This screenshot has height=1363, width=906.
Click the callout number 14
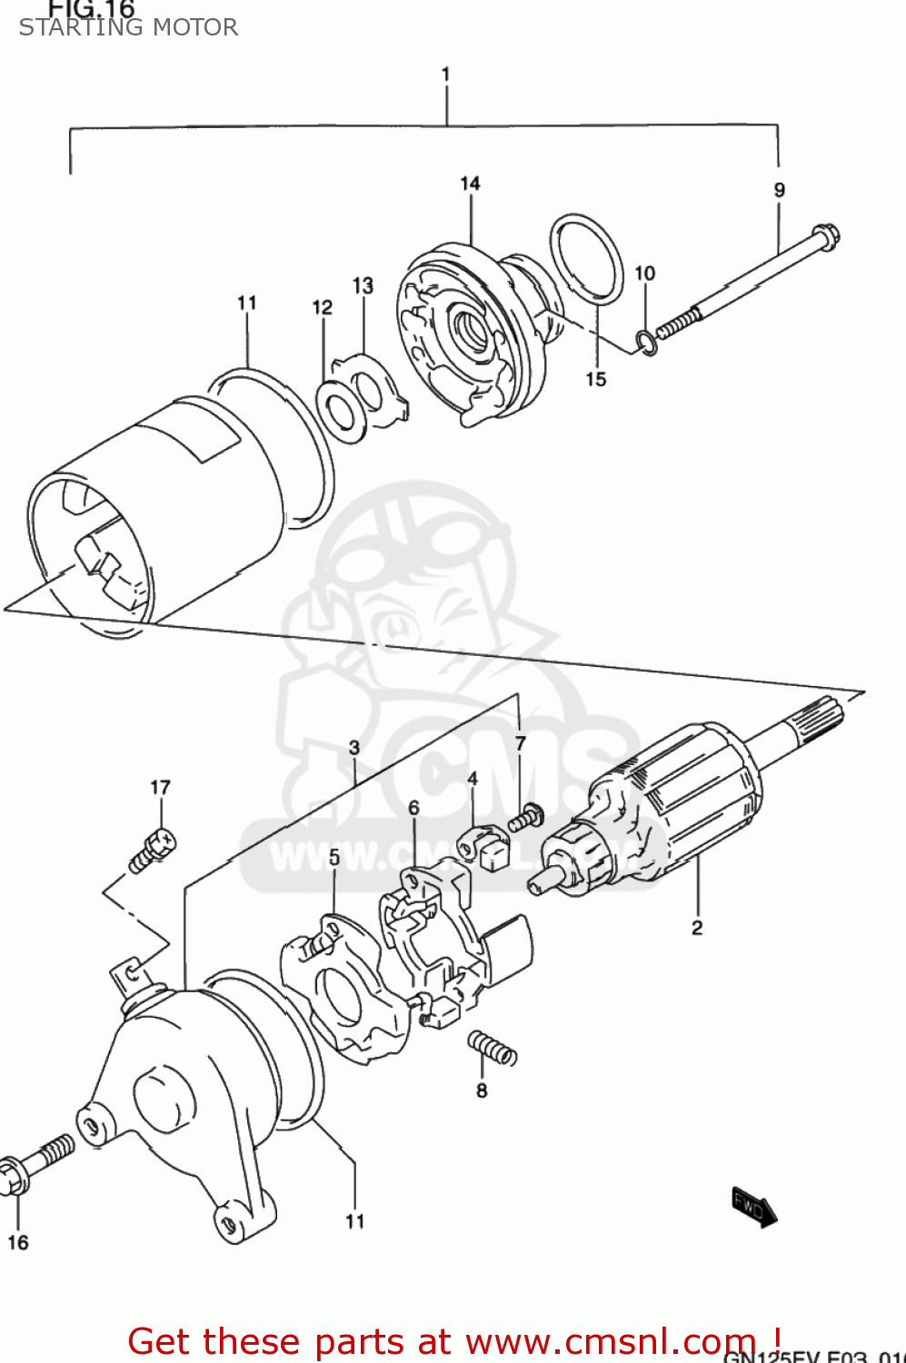[x=470, y=184]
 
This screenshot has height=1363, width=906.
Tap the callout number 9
[x=779, y=190]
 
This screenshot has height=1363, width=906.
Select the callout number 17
[x=160, y=788]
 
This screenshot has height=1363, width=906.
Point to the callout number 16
[x=18, y=1242]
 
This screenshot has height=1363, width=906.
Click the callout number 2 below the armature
[x=697, y=928]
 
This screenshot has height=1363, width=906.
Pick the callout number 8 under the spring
[x=482, y=1090]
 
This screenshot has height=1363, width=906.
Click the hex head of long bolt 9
[x=824, y=235]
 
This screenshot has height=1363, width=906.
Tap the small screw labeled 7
[x=526, y=818]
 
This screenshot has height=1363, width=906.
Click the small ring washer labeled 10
[x=646, y=343]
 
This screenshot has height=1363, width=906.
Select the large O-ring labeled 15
[x=587, y=257]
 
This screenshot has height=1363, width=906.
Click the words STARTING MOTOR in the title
[x=128, y=27]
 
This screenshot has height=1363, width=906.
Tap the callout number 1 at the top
[x=445, y=74]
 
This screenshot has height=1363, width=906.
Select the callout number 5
[x=334, y=857]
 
